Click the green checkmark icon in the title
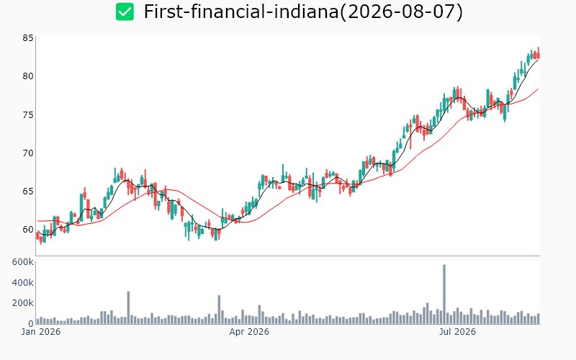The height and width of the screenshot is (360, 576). tap(125, 12)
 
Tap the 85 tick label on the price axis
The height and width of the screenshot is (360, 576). tap(28, 38)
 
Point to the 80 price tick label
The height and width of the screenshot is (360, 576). tap(28, 76)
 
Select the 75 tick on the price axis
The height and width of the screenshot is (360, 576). tap(28, 114)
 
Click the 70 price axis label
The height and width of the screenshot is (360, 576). tap(28, 153)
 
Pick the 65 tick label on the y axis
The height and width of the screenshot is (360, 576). tap(28, 191)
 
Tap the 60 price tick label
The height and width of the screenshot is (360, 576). tap(28, 229)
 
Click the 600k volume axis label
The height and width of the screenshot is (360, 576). tap(23, 262)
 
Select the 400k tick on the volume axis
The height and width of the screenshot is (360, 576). tap(23, 282)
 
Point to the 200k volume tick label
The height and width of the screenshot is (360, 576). tap(23, 303)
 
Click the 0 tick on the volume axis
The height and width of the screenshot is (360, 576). tap(31, 323)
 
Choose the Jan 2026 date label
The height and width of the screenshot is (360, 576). tap(41, 332)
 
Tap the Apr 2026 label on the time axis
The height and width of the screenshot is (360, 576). tap(249, 332)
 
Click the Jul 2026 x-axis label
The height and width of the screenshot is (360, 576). tap(457, 332)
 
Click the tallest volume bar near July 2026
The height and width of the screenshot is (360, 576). tap(444, 294)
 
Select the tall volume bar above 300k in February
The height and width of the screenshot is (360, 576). tap(128, 308)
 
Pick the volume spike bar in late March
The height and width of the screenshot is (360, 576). tap(219, 310)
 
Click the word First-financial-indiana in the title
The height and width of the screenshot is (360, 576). tap(241, 12)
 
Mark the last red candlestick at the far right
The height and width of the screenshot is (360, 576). tap(539, 53)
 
